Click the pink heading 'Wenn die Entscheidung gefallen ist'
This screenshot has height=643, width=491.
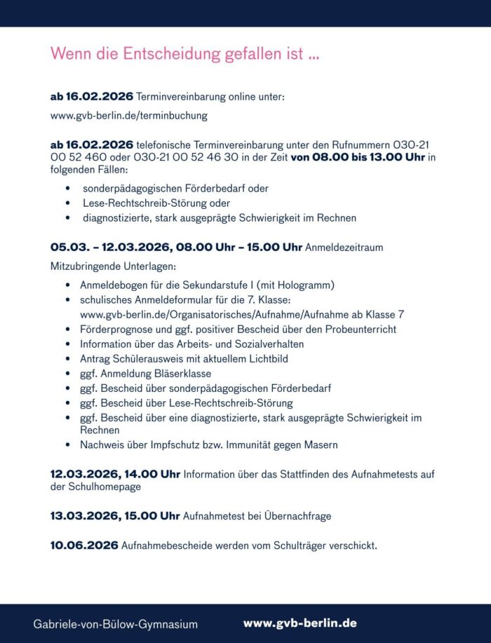point(185,54)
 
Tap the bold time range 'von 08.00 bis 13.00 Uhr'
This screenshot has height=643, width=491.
point(358,156)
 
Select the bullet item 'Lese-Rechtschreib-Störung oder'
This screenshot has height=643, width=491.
point(156,203)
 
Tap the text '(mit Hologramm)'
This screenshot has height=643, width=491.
point(296,285)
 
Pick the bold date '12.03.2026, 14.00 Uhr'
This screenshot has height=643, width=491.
point(115,475)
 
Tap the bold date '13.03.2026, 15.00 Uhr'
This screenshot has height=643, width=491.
point(115,516)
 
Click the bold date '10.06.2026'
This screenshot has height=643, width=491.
point(83,546)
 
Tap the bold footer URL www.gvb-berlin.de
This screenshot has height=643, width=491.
point(300,623)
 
